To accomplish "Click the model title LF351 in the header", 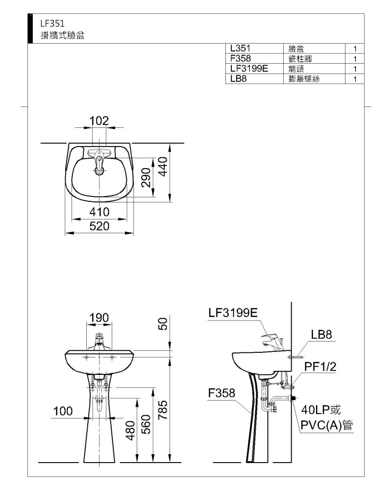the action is pos(52,23).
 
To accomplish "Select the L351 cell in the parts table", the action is pos(240,48).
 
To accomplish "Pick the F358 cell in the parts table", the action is pos(241,58).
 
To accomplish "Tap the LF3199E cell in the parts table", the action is pos(249,69).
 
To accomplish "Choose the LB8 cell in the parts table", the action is pos(238,78).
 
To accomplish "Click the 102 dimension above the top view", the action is pos(99,121).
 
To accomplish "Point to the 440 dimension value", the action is pos(163,167).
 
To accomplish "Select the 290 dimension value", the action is pos(146,177).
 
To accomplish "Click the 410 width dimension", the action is pos(99,212).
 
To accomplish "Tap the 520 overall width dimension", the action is pos(99,226).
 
